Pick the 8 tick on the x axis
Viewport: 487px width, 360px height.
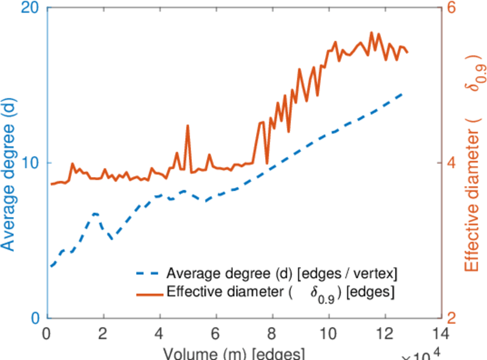click(273, 332)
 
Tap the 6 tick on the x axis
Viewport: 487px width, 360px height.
click(217, 332)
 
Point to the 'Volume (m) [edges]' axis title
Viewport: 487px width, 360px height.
click(236, 353)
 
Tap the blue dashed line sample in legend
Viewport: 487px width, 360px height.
click(149, 275)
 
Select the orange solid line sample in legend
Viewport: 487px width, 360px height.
click(149, 294)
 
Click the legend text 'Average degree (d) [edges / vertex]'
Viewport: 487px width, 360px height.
click(282, 274)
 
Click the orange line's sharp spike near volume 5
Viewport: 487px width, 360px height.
click(188, 126)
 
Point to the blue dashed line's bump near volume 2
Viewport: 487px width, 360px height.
click(95, 214)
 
